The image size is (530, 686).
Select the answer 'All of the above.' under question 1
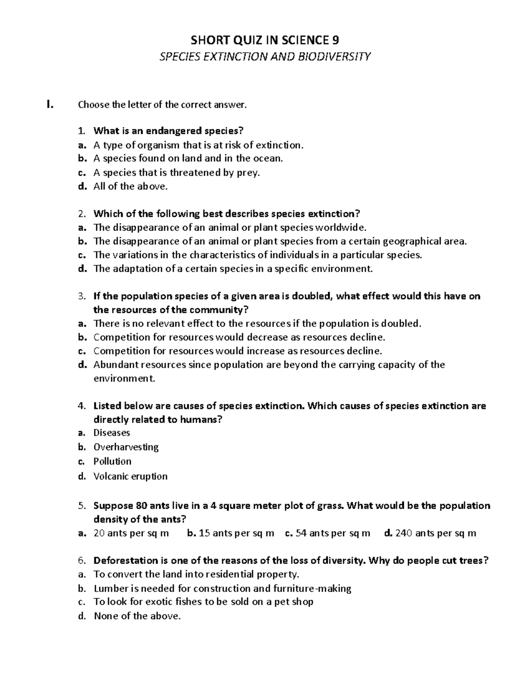coord(131,186)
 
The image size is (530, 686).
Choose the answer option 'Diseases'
coord(112,433)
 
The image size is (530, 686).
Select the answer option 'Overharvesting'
coord(126,447)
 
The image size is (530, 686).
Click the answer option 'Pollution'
coord(112,461)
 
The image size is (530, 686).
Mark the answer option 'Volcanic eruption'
coord(130,476)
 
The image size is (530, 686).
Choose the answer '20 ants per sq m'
coord(131,533)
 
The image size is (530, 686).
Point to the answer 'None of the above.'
coord(137,616)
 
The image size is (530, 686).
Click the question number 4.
coord(80,406)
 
